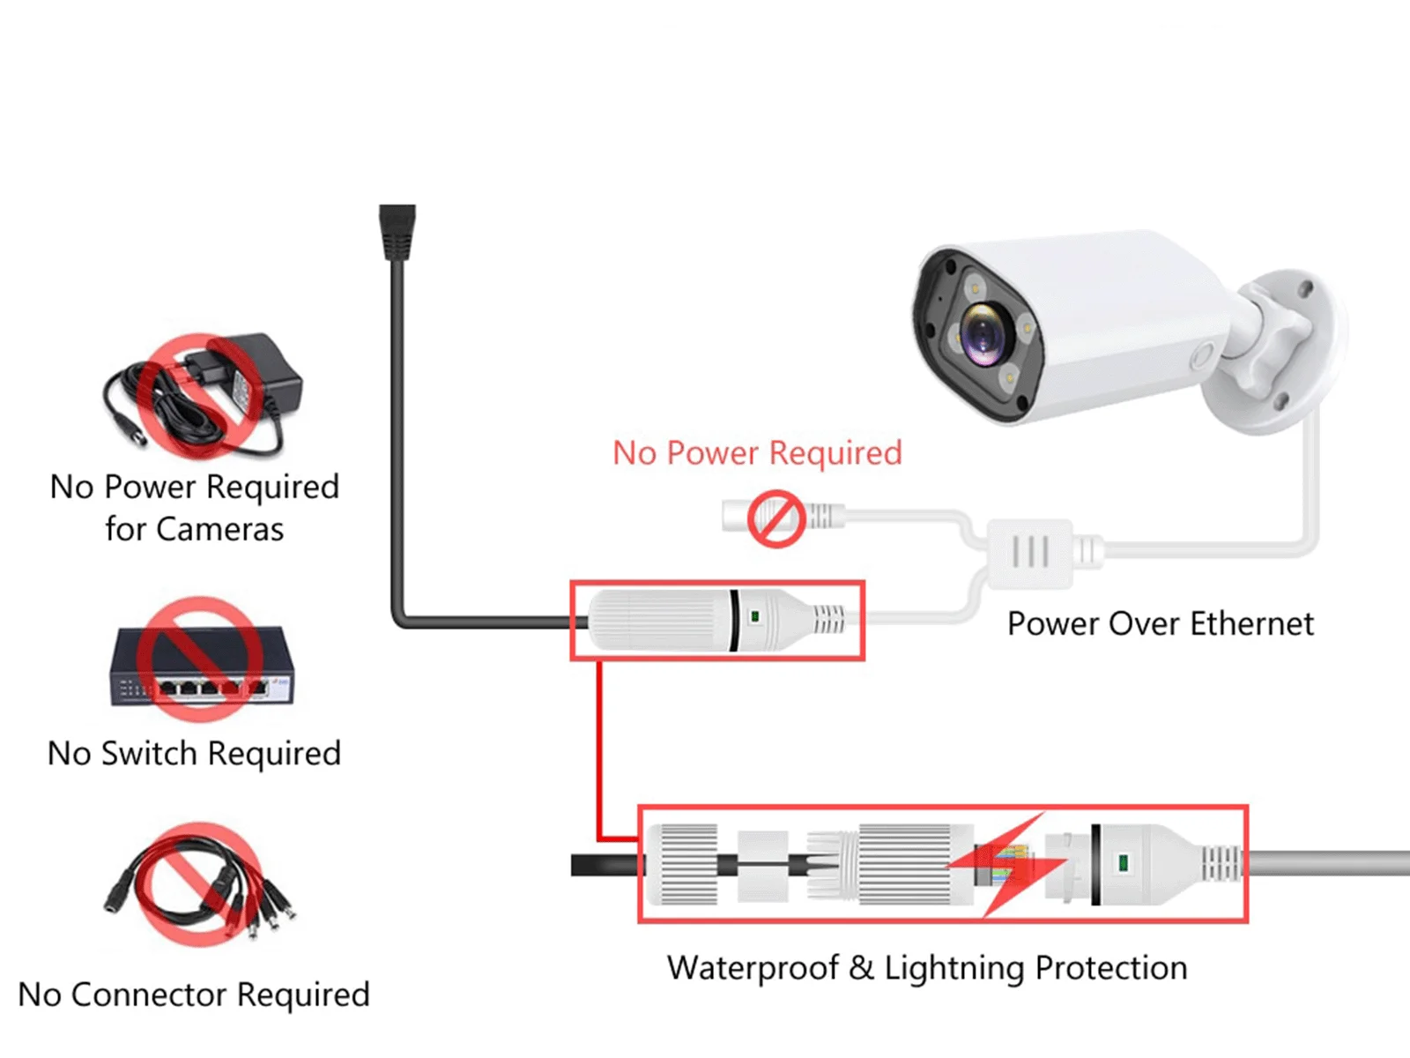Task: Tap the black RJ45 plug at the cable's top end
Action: (397, 231)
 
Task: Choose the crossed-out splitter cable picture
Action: (201, 885)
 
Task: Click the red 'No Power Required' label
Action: (757, 453)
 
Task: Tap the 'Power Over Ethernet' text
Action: (1160, 624)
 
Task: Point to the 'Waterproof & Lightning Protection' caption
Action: (927, 968)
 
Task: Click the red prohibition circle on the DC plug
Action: (776, 518)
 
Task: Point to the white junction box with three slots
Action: (1029, 553)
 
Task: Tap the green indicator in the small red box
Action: (754, 617)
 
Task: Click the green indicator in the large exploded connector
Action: (1123, 861)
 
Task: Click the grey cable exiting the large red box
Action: (1331, 863)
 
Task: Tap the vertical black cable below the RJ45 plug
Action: (397, 441)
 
